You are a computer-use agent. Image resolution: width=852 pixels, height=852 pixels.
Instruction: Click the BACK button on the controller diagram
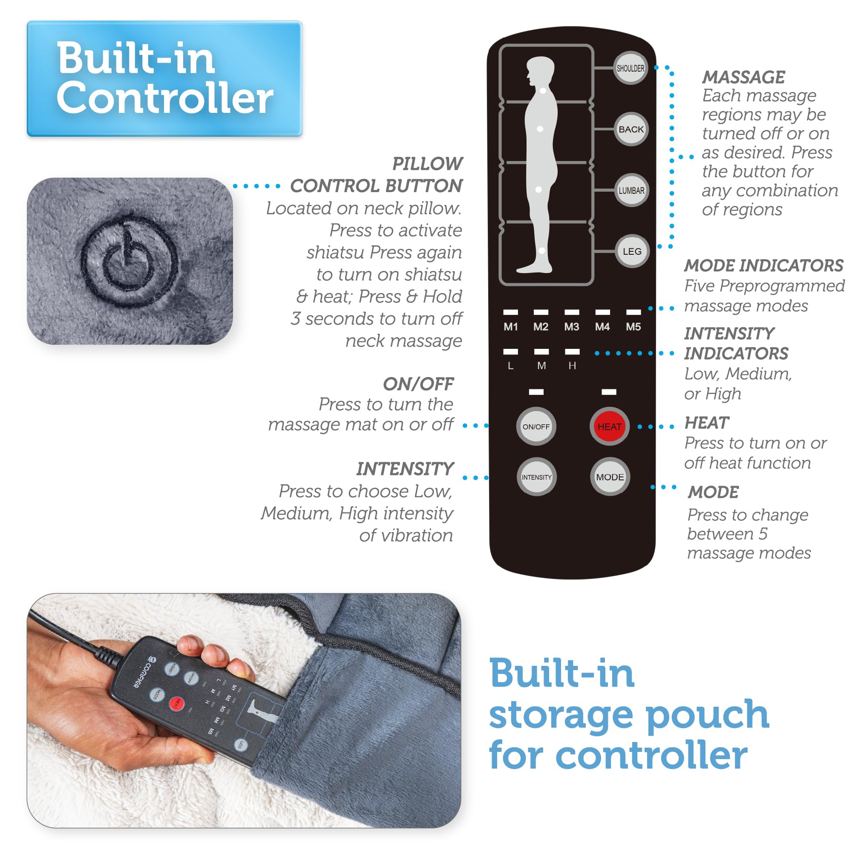(631, 129)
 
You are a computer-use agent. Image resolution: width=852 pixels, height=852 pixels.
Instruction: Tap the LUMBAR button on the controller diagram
(631, 190)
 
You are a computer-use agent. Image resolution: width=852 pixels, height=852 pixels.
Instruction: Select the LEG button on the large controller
(632, 251)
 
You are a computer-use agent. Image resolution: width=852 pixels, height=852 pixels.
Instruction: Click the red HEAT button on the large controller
(610, 426)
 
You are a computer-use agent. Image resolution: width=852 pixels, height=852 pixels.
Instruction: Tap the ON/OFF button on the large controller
(536, 426)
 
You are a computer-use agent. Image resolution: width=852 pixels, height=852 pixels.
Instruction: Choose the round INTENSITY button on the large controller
(536, 477)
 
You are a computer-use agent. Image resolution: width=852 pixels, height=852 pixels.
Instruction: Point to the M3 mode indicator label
(572, 327)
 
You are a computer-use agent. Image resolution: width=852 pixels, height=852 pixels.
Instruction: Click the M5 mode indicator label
(633, 327)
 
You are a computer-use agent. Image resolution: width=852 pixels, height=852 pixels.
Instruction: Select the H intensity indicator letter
(572, 366)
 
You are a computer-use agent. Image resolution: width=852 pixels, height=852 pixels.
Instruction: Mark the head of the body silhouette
(541, 71)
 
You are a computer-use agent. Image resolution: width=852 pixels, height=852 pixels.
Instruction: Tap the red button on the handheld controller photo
(176, 703)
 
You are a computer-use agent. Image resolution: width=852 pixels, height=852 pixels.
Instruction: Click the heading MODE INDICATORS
(764, 265)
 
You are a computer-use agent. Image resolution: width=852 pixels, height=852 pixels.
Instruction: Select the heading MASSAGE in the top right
(743, 77)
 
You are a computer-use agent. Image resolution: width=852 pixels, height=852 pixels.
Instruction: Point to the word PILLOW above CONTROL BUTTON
(427, 164)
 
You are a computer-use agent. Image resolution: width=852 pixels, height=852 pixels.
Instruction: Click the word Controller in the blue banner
(164, 98)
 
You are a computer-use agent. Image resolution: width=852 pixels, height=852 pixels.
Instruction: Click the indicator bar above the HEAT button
(609, 392)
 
